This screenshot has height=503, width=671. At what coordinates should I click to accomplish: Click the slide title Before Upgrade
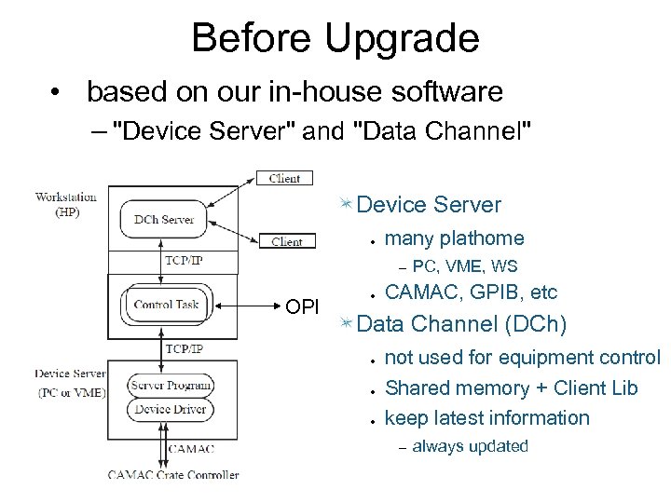[335, 39]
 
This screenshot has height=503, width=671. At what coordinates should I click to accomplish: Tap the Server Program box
[171, 385]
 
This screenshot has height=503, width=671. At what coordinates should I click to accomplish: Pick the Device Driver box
[171, 409]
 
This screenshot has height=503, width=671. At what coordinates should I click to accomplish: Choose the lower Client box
[286, 241]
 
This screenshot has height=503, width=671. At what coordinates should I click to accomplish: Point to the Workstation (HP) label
[66, 203]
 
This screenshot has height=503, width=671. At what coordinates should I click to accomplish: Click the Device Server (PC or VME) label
[71, 381]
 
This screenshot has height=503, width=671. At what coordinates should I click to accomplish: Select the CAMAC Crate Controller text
[172, 474]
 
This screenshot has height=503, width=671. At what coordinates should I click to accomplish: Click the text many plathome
[454, 238]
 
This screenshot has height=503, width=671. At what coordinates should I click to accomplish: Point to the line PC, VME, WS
[464, 267]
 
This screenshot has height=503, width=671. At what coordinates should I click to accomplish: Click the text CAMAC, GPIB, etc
[471, 293]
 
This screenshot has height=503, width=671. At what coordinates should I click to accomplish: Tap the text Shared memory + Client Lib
[511, 387]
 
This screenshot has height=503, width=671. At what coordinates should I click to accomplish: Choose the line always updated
[470, 446]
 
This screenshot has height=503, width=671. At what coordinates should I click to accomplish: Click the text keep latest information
[486, 417]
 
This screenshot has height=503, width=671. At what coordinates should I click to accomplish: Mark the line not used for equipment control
[522, 358]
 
